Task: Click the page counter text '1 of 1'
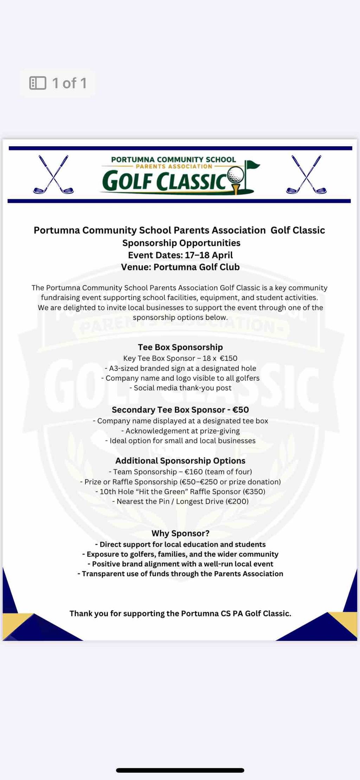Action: [x=69, y=83]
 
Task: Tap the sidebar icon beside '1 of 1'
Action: [x=38, y=83]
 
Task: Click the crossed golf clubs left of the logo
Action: [x=53, y=175]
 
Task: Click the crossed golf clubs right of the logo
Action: [x=306, y=175]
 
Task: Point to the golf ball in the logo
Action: [x=235, y=175]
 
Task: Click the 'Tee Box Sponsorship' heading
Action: [x=180, y=347]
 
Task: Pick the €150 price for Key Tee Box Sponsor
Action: [x=229, y=358]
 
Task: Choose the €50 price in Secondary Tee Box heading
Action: [x=241, y=410]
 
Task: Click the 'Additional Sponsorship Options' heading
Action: [x=180, y=461]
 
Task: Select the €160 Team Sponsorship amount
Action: [x=193, y=472]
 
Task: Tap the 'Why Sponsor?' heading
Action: [x=180, y=533]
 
